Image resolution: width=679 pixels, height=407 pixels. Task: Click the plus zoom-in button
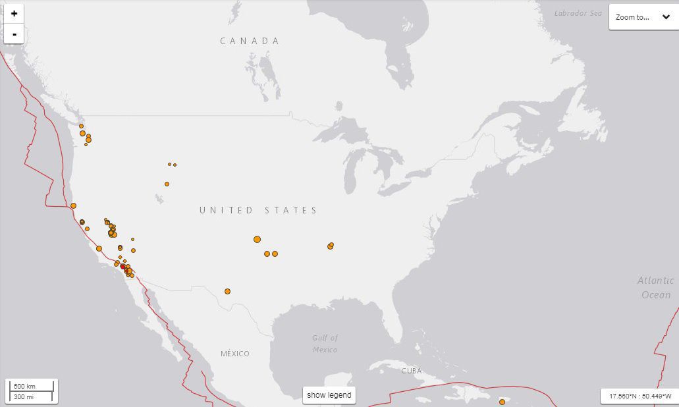tap(14, 13)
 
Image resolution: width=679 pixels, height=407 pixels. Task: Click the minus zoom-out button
tap(14, 34)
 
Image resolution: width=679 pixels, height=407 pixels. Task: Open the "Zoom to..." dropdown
tap(642, 17)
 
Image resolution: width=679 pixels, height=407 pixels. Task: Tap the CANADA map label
tap(250, 41)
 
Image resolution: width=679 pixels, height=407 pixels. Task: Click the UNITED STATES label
tap(259, 210)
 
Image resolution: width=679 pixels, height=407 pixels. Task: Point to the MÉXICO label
tap(235, 354)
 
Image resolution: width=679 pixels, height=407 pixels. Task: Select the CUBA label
tap(412, 371)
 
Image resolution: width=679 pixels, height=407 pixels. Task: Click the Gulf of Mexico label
tap(325, 344)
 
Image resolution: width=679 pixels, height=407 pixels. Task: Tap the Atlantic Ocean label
tap(655, 288)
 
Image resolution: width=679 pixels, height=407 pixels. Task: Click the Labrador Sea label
tap(578, 13)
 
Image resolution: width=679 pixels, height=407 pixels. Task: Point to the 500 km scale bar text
tap(24, 386)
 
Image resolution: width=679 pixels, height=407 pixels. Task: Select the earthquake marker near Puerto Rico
tap(502, 402)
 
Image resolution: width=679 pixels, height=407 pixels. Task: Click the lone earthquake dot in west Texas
tap(227, 291)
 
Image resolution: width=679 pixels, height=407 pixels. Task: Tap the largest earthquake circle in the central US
tap(257, 239)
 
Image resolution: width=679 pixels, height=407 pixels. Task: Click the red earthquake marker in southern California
tap(122, 266)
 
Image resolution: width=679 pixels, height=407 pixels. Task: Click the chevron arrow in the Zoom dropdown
tap(666, 17)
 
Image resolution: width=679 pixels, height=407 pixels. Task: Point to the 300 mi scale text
tap(24, 396)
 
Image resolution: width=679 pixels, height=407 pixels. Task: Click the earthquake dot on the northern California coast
tap(73, 205)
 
